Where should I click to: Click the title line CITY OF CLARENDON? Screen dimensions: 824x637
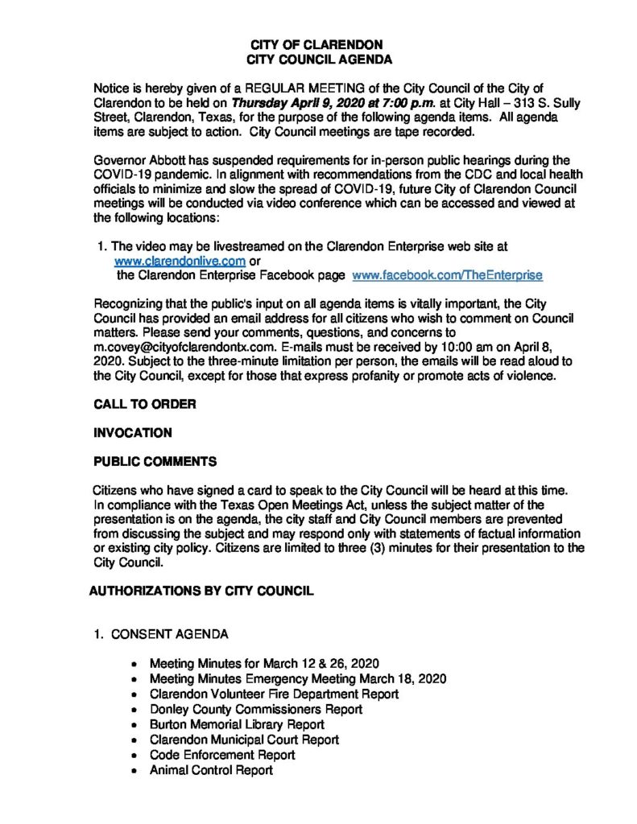tap(318, 44)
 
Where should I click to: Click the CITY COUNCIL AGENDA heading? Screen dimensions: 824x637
tap(318, 60)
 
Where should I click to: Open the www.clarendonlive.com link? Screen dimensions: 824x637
tap(180, 261)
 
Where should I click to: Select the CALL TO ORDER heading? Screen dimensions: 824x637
tap(145, 404)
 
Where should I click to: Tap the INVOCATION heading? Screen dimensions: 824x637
tap(133, 433)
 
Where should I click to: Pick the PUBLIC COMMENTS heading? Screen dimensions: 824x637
tap(155, 462)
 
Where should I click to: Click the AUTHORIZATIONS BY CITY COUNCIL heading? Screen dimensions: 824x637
tap(201, 591)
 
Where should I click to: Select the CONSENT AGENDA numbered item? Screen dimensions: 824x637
tap(169, 634)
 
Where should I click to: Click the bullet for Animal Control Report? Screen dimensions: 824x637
tap(134, 771)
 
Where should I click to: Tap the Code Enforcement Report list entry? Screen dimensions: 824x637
tap(222, 755)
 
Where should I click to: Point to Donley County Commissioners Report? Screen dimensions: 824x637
tap(255, 709)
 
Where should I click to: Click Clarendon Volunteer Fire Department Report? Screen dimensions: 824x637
tap(274, 694)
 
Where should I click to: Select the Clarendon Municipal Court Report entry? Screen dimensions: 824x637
tap(244, 740)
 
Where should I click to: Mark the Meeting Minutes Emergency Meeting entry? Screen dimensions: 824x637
tap(297, 678)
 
